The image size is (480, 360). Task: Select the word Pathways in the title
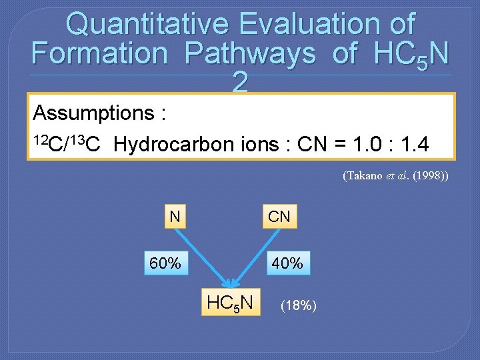click(x=250, y=53)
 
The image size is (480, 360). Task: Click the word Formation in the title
click(x=99, y=53)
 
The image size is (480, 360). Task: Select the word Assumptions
click(x=93, y=113)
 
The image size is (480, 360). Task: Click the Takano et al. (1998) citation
click(x=395, y=176)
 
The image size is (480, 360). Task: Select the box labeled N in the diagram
click(x=175, y=216)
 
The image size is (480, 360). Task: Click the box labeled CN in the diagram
click(x=279, y=216)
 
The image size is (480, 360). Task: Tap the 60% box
click(x=165, y=263)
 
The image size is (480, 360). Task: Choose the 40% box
click(x=287, y=263)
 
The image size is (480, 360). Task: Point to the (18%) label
click(x=298, y=305)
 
